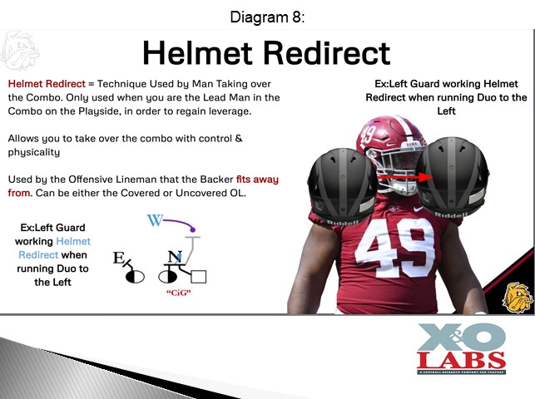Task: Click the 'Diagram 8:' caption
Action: (267, 17)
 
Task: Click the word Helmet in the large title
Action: (198, 53)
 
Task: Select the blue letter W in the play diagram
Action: (155, 220)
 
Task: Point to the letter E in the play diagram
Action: (118, 258)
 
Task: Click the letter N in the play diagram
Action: (175, 257)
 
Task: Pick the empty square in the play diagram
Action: (199, 277)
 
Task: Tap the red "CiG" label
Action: (178, 293)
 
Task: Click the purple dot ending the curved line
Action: (193, 229)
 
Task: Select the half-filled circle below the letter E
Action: (135, 277)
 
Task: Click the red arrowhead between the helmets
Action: (425, 177)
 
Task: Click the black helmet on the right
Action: (453, 177)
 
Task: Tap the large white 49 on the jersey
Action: (395, 248)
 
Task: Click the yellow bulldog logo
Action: (518, 297)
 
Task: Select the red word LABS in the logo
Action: (461, 361)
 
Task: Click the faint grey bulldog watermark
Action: (20, 51)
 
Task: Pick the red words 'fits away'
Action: (257, 180)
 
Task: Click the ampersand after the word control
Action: (239, 138)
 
